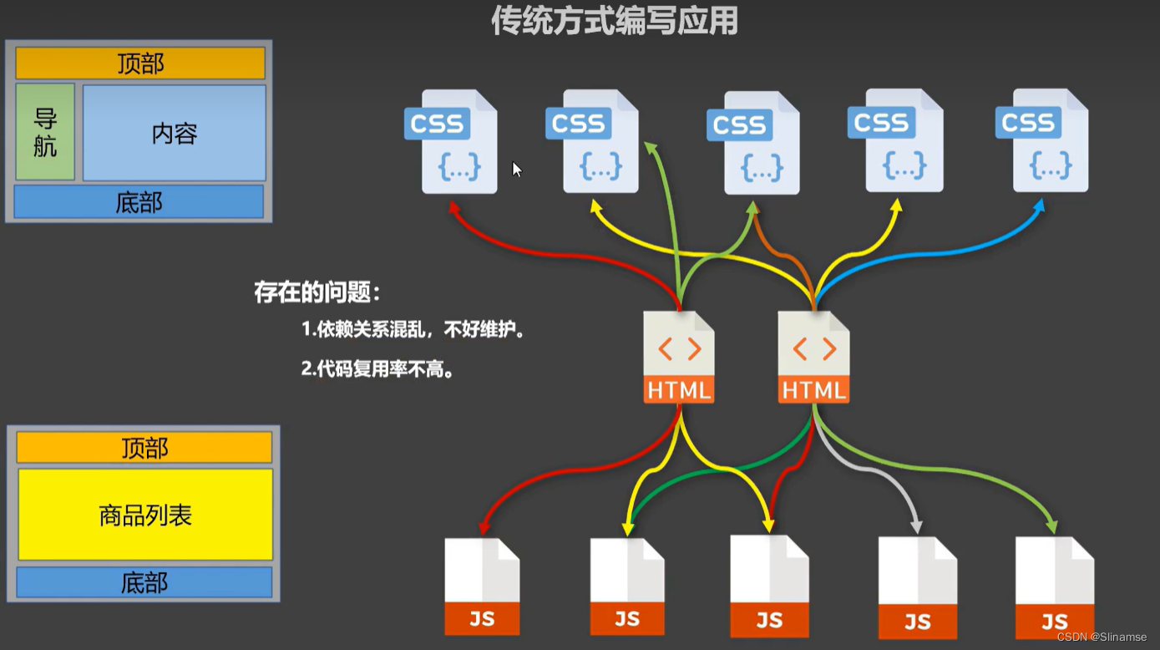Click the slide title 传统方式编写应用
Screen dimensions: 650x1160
point(614,21)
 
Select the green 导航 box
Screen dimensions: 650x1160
point(45,132)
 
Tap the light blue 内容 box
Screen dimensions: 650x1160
point(175,133)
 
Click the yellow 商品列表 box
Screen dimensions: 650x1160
point(145,514)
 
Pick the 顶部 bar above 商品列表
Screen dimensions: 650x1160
point(144,448)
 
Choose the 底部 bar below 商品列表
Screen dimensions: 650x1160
point(144,582)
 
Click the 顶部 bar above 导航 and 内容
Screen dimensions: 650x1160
point(140,63)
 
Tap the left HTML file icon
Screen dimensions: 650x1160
point(679,358)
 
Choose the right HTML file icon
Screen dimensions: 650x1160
point(813,358)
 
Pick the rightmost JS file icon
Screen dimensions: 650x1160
point(1054,588)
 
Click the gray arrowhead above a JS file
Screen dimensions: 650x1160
point(916,527)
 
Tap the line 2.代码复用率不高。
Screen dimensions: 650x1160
point(378,369)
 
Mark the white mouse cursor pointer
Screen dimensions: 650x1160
point(517,170)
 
